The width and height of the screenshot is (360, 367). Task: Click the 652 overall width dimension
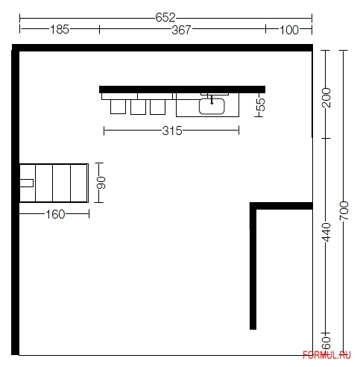(165, 17)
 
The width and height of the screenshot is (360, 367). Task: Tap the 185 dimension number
(60, 29)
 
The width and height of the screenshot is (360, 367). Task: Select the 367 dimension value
(182, 30)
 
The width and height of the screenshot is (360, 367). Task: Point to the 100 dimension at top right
(289, 30)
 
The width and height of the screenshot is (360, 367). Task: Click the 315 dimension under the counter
(172, 131)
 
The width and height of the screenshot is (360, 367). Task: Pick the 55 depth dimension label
(261, 104)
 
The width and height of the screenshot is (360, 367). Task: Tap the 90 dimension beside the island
(101, 183)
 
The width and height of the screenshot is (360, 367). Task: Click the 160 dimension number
(55, 214)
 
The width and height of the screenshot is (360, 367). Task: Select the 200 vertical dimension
(326, 98)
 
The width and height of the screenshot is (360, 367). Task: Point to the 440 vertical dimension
(326, 232)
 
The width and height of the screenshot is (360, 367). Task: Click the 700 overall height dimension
(344, 211)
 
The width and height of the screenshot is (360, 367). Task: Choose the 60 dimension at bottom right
(326, 343)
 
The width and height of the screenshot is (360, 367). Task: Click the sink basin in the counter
(212, 106)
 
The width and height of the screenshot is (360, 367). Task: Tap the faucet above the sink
(212, 99)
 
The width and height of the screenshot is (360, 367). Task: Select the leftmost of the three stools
(118, 107)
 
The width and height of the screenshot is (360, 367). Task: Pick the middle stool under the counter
(138, 107)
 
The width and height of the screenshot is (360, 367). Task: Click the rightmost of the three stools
(158, 107)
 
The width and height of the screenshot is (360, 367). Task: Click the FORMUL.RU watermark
(326, 355)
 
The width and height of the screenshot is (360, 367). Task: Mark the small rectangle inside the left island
(26, 183)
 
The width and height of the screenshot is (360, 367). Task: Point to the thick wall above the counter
(182, 90)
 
